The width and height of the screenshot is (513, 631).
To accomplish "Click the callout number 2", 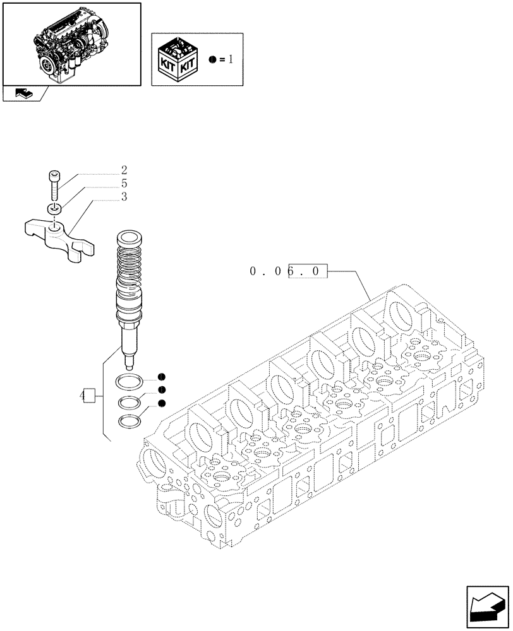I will (124, 170).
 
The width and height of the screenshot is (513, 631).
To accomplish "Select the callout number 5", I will (124, 184).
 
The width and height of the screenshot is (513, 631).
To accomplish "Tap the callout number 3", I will (124, 197).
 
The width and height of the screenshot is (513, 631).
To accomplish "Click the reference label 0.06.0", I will (289, 272).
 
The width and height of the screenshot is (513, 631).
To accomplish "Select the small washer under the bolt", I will (54, 209).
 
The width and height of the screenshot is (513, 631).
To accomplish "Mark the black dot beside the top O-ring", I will (162, 377).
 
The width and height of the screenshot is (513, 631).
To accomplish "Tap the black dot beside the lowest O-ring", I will (162, 403).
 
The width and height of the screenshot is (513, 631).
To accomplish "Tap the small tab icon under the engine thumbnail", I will (23, 94).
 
